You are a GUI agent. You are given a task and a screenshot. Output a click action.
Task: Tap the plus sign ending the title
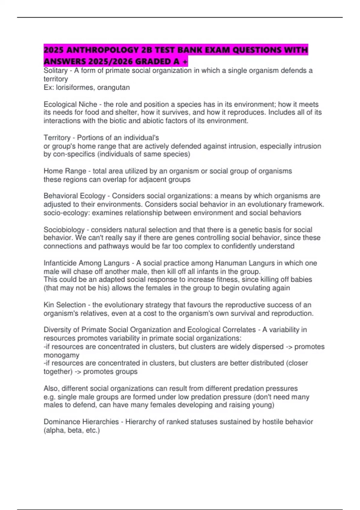click(185, 61)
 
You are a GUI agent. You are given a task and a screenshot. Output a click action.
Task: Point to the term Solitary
click(55, 70)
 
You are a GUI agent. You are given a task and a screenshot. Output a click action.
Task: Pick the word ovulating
click(240, 288)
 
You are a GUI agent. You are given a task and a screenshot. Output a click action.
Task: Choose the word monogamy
click(61, 355)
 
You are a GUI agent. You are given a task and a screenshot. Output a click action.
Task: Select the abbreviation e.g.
click(49, 397)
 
